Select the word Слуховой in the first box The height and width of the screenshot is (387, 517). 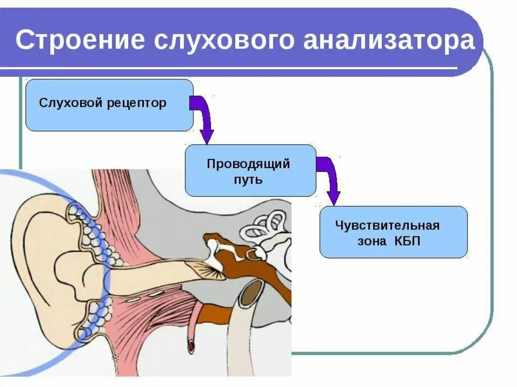click(x=72, y=103)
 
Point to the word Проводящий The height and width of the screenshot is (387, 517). click(x=248, y=164)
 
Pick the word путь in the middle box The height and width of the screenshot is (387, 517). click(x=248, y=179)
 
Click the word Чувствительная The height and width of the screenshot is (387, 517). click(x=387, y=226)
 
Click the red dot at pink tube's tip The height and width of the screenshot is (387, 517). click(x=192, y=346)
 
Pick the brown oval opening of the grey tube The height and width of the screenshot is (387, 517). click(x=251, y=293)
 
